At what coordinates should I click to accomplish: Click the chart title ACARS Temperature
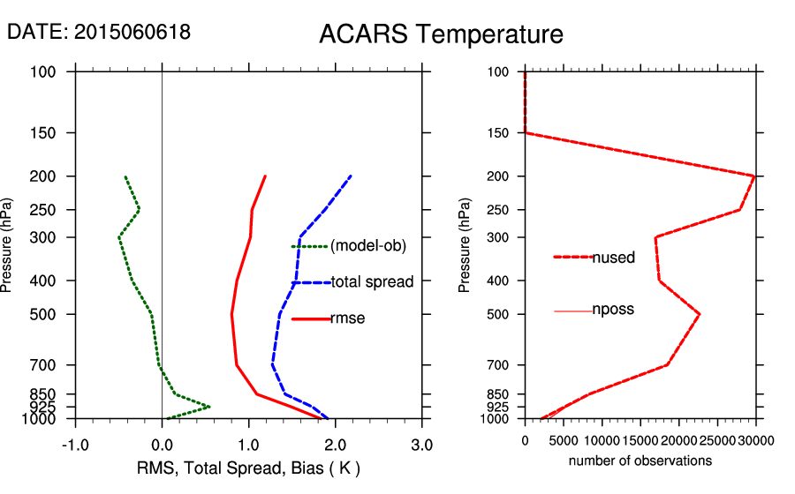(x=441, y=34)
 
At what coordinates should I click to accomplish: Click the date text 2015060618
(x=132, y=32)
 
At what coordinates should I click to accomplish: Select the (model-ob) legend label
(x=367, y=246)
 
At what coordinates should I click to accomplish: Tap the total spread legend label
(x=371, y=282)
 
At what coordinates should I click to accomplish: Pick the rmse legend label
(x=347, y=318)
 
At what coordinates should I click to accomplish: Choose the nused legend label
(x=613, y=258)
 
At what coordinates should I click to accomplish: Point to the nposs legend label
(x=613, y=310)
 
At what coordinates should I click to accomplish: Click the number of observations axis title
(x=640, y=460)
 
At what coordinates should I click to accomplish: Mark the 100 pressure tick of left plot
(x=48, y=71)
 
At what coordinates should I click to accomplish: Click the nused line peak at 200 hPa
(x=754, y=176)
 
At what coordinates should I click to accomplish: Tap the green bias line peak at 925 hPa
(x=209, y=407)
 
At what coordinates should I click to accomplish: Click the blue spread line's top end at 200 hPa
(x=351, y=176)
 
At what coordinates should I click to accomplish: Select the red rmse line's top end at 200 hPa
(x=265, y=176)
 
